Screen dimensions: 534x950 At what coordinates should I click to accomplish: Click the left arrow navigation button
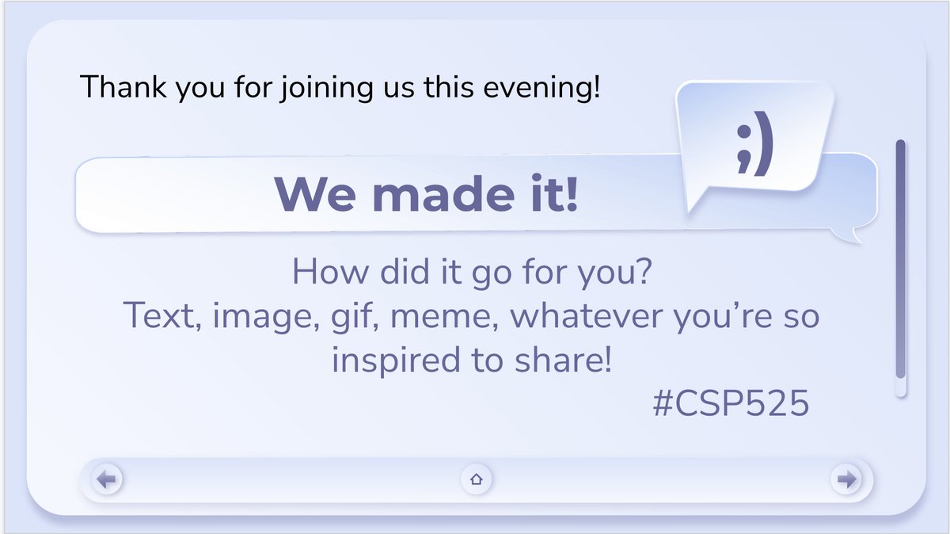(x=107, y=479)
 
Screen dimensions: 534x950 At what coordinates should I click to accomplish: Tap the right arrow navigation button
(x=846, y=479)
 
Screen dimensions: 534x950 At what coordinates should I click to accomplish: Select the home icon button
(x=477, y=479)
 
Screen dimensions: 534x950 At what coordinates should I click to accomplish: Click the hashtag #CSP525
(x=730, y=404)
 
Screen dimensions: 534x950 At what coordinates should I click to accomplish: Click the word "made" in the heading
(x=428, y=193)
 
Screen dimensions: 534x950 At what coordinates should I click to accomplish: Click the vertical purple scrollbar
(x=900, y=261)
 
